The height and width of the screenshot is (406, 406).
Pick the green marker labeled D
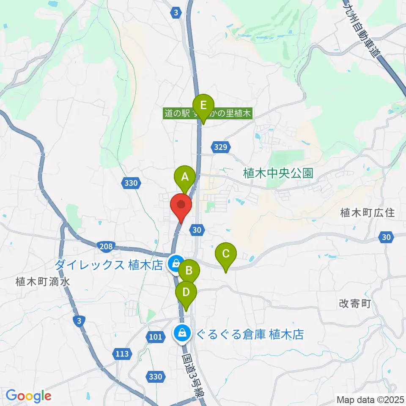pyautogui.click(x=186, y=293)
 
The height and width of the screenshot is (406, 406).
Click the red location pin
pyautogui.click(x=181, y=206)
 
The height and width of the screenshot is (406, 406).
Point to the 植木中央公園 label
pyautogui.click(x=278, y=173)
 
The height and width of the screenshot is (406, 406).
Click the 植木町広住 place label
pyautogui.click(x=368, y=213)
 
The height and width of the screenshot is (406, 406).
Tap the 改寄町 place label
pyautogui.click(x=354, y=304)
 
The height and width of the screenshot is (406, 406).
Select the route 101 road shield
pyautogui.click(x=155, y=337)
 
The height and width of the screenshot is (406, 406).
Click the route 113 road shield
pyautogui.click(x=122, y=353)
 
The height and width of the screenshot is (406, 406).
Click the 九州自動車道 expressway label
pyautogui.click(x=362, y=30)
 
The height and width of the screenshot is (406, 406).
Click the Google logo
pyautogui.click(x=28, y=396)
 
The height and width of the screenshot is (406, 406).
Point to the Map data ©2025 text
pyautogui.click(x=370, y=399)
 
